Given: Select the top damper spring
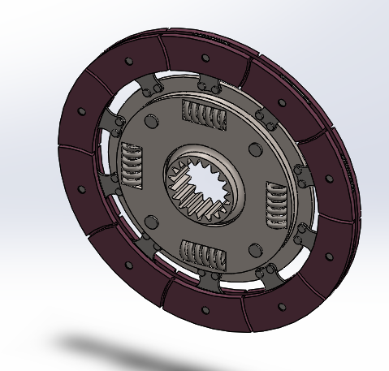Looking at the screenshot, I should tap(203, 118).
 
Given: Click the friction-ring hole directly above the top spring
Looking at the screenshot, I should tap(205, 58).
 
